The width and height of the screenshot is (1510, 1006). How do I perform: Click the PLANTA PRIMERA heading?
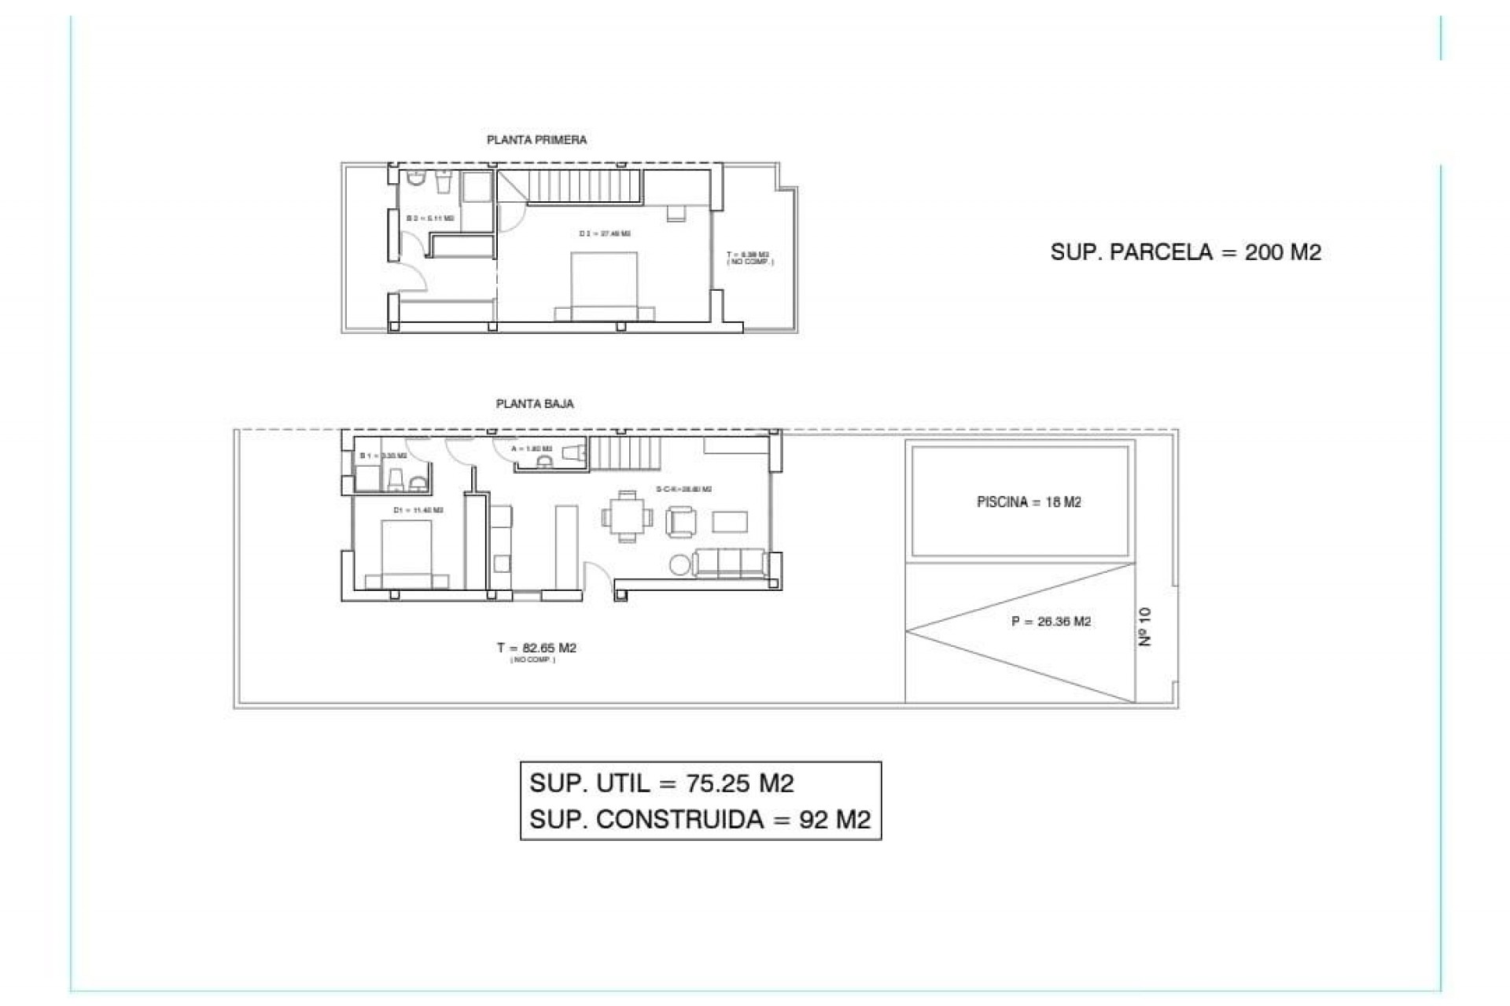[536, 140]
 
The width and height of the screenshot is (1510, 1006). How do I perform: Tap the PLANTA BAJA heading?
[535, 404]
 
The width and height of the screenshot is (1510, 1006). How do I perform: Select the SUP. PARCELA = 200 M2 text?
[1185, 252]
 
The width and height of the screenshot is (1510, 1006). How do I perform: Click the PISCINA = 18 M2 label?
[1029, 502]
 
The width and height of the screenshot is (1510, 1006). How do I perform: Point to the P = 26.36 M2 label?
[1051, 622]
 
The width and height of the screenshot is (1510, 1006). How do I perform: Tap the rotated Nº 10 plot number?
[1145, 626]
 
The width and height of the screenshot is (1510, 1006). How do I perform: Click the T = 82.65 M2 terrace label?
[536, 648]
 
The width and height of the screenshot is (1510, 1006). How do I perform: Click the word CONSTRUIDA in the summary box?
[680, 820]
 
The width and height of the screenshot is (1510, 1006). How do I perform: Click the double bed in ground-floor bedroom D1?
[407, 554]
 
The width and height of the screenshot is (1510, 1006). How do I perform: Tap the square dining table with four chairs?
[627, 516]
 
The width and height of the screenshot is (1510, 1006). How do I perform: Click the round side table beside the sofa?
[679, 564]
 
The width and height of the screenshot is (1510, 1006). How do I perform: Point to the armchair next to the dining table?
[681, 520]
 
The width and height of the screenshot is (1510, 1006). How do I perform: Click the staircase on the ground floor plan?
[622, 453]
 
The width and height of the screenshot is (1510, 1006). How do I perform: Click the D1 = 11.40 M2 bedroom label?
[418, 510]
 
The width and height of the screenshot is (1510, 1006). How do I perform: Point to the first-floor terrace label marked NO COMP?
[749, 258]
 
